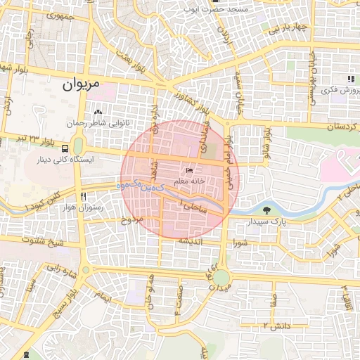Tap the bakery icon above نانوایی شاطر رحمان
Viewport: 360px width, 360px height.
(98, 112)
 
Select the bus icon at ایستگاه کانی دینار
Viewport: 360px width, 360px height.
(65, 148)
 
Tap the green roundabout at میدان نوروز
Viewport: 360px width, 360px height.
(221, 278)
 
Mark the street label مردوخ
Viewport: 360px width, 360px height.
(132, 221)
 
